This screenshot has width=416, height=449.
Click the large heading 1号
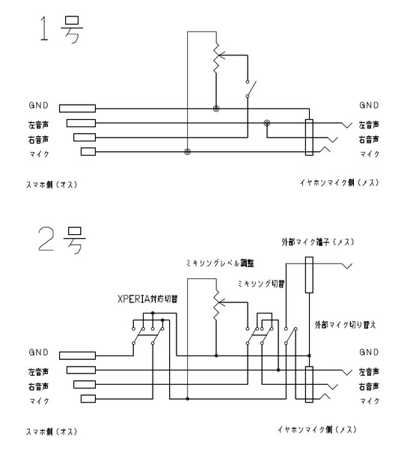[61, 29]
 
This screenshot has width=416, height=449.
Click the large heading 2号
[62, 240]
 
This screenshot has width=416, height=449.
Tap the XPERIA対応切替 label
[147, 299]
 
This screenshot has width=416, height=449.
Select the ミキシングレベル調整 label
[220, 263]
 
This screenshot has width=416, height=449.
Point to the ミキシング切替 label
[261, 284]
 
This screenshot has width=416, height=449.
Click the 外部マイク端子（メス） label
[318, 242]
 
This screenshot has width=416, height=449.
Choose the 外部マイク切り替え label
[345, 325]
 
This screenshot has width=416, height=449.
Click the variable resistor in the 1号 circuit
[217, 58]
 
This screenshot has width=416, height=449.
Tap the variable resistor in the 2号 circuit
[217, 305]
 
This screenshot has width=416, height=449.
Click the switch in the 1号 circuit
[250, 89]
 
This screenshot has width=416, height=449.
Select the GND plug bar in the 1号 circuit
[77, 109]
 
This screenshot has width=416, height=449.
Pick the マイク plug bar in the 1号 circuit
[88, 151]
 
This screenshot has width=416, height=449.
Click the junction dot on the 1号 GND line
[216, 109]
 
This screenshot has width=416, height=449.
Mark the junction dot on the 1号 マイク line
[187, 152]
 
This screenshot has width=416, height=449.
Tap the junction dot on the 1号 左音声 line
[267, 123]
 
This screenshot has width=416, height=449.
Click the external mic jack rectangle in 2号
[309, 275]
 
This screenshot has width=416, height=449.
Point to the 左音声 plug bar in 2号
[81, 370]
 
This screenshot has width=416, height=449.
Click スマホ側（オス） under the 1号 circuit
[52, 185]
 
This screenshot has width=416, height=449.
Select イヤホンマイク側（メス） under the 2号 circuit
[317, 430]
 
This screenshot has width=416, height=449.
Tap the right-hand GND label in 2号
[369, 352]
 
